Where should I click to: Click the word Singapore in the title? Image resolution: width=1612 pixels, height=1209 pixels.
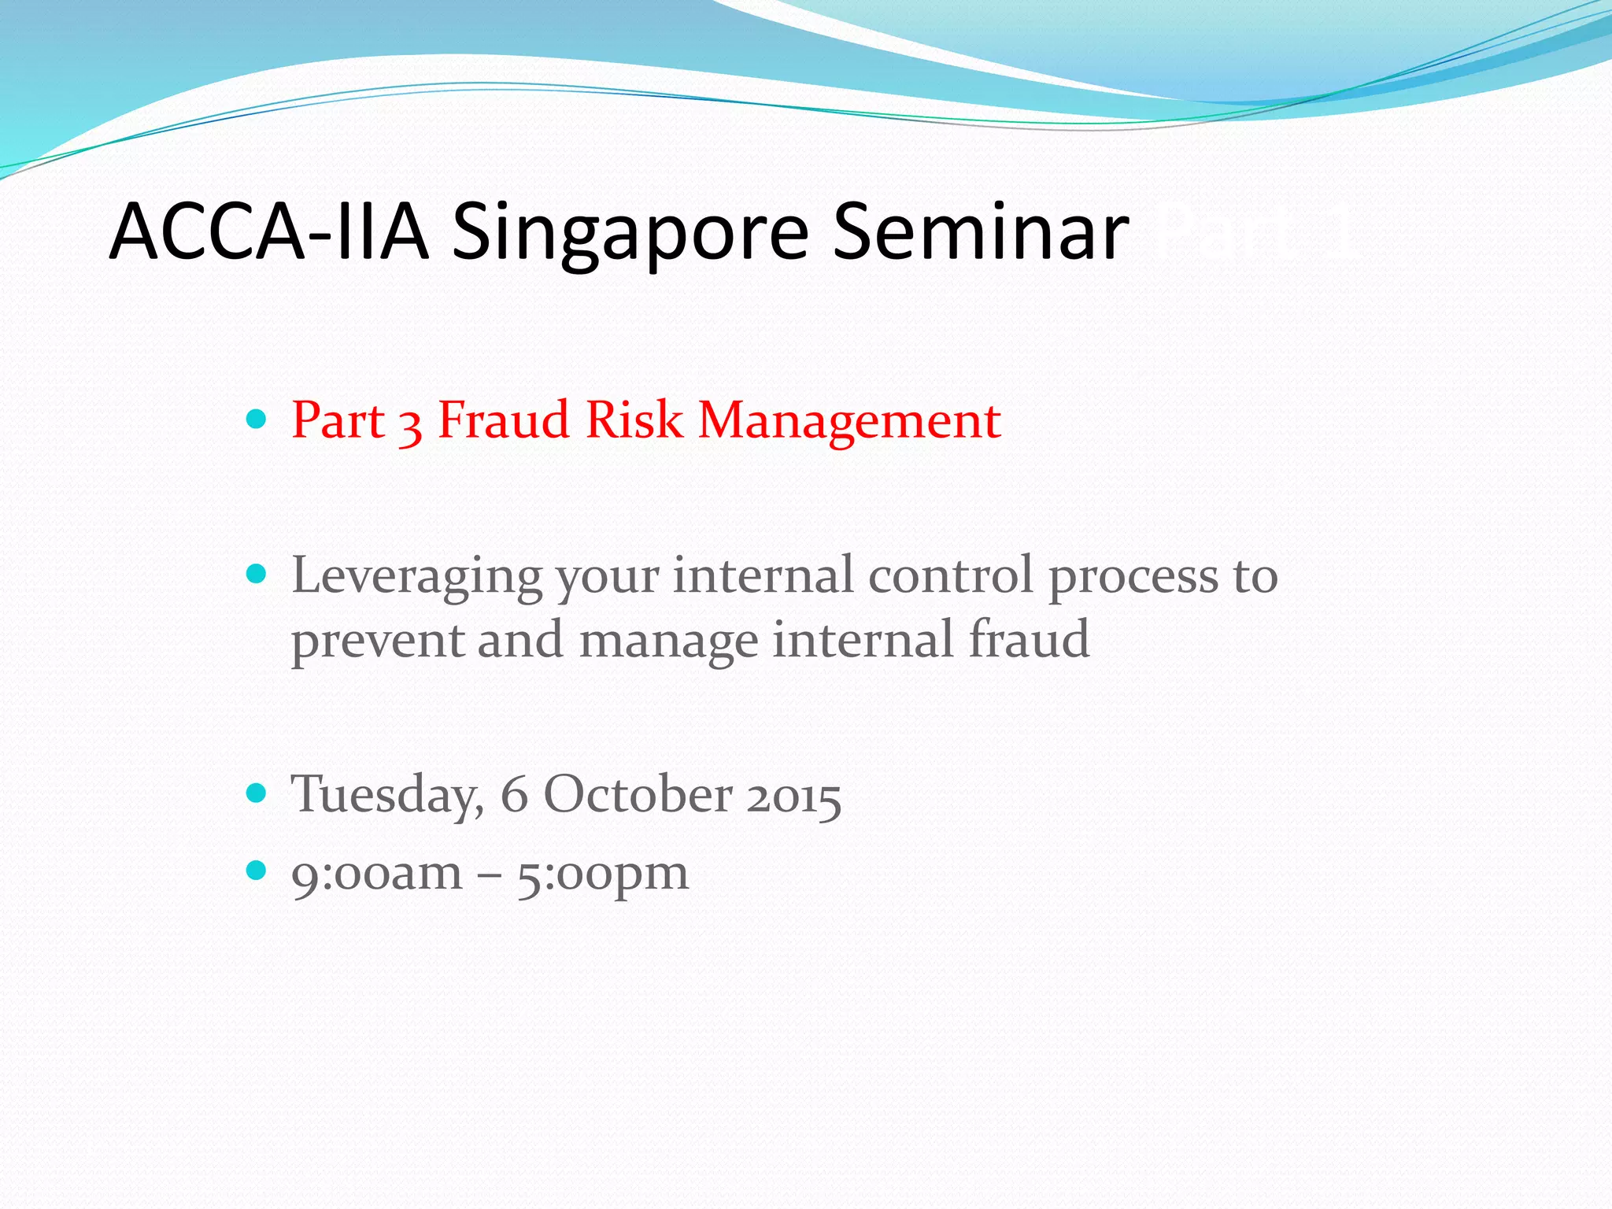click(630, 233)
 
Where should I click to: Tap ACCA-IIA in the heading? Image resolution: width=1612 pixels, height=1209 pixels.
click(268, 231)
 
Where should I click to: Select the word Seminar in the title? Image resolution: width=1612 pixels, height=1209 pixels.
click(980, 231)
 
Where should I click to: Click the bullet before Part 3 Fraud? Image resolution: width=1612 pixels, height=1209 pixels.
click(257, 418)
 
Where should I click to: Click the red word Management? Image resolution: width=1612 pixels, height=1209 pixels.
click(849, 421)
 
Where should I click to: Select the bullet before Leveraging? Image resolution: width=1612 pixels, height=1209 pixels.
click(257, 573)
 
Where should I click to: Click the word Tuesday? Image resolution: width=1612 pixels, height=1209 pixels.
click(386, 795)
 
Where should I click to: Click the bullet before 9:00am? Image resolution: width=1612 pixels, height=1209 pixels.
click(257, 870)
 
